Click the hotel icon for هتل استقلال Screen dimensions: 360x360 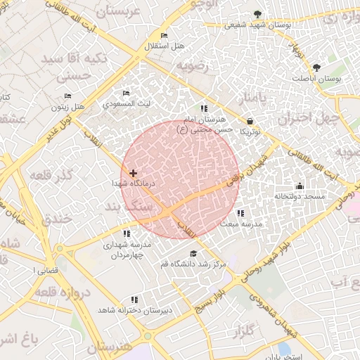164,36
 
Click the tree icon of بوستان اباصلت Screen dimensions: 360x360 316,67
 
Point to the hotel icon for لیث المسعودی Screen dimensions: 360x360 126,94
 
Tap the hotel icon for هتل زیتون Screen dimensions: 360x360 67,96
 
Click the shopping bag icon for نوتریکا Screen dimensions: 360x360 250,121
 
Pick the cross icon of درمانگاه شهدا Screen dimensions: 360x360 133,172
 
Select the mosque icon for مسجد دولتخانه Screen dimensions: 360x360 300,186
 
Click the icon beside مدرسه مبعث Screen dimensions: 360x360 240,213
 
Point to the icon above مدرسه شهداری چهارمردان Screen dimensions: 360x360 127,233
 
